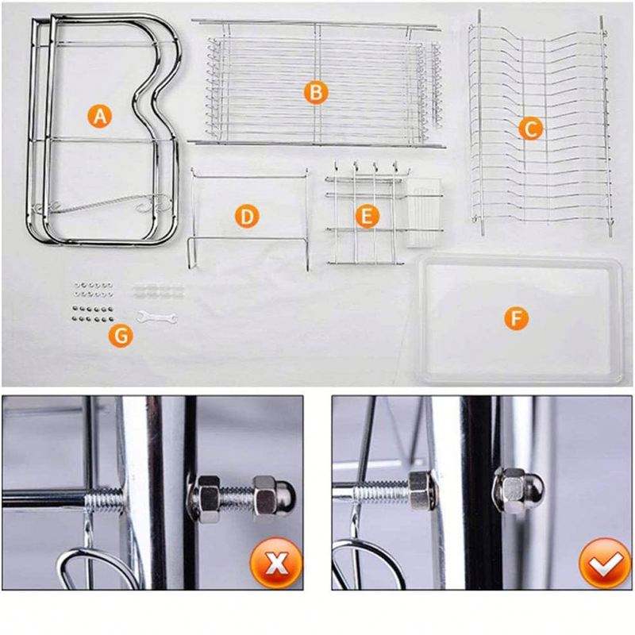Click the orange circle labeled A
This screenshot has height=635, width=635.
click(100, 116)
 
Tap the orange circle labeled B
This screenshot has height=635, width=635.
click(316, 92)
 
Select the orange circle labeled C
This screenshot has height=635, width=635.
click(530, 129)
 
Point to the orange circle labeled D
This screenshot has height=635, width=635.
click(247, 216)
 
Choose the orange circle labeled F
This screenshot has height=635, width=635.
click(516, 318)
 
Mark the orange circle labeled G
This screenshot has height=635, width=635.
click(121, 336)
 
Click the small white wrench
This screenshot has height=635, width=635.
click(156, 317)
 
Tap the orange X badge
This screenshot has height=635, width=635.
click(276, 563)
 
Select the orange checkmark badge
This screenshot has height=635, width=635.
click(606, 563)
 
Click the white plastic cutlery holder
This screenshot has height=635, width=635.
click(423, 213)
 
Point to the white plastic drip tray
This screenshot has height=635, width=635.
click(520, 319)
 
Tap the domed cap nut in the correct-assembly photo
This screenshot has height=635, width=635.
click(518, 491)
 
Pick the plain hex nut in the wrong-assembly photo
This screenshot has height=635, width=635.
click(204, 498)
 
